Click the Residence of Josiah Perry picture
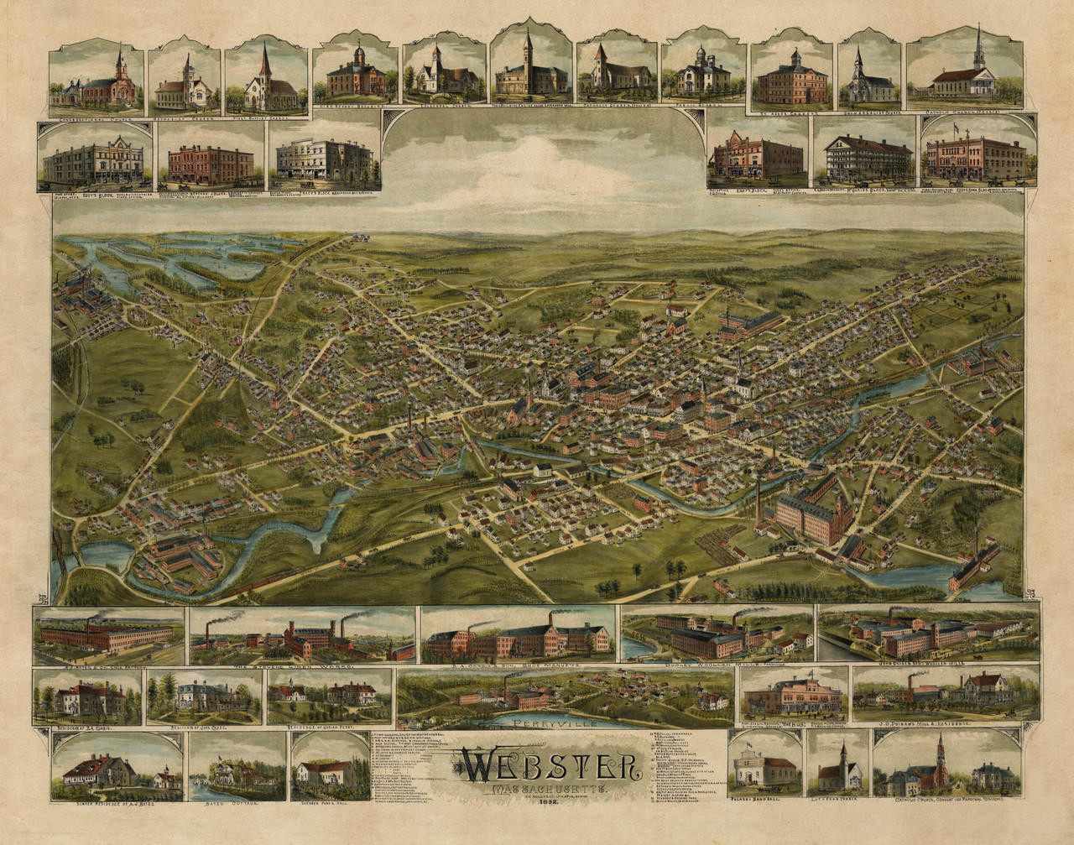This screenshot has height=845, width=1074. (330, 694)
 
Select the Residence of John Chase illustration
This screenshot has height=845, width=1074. (203, 696)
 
